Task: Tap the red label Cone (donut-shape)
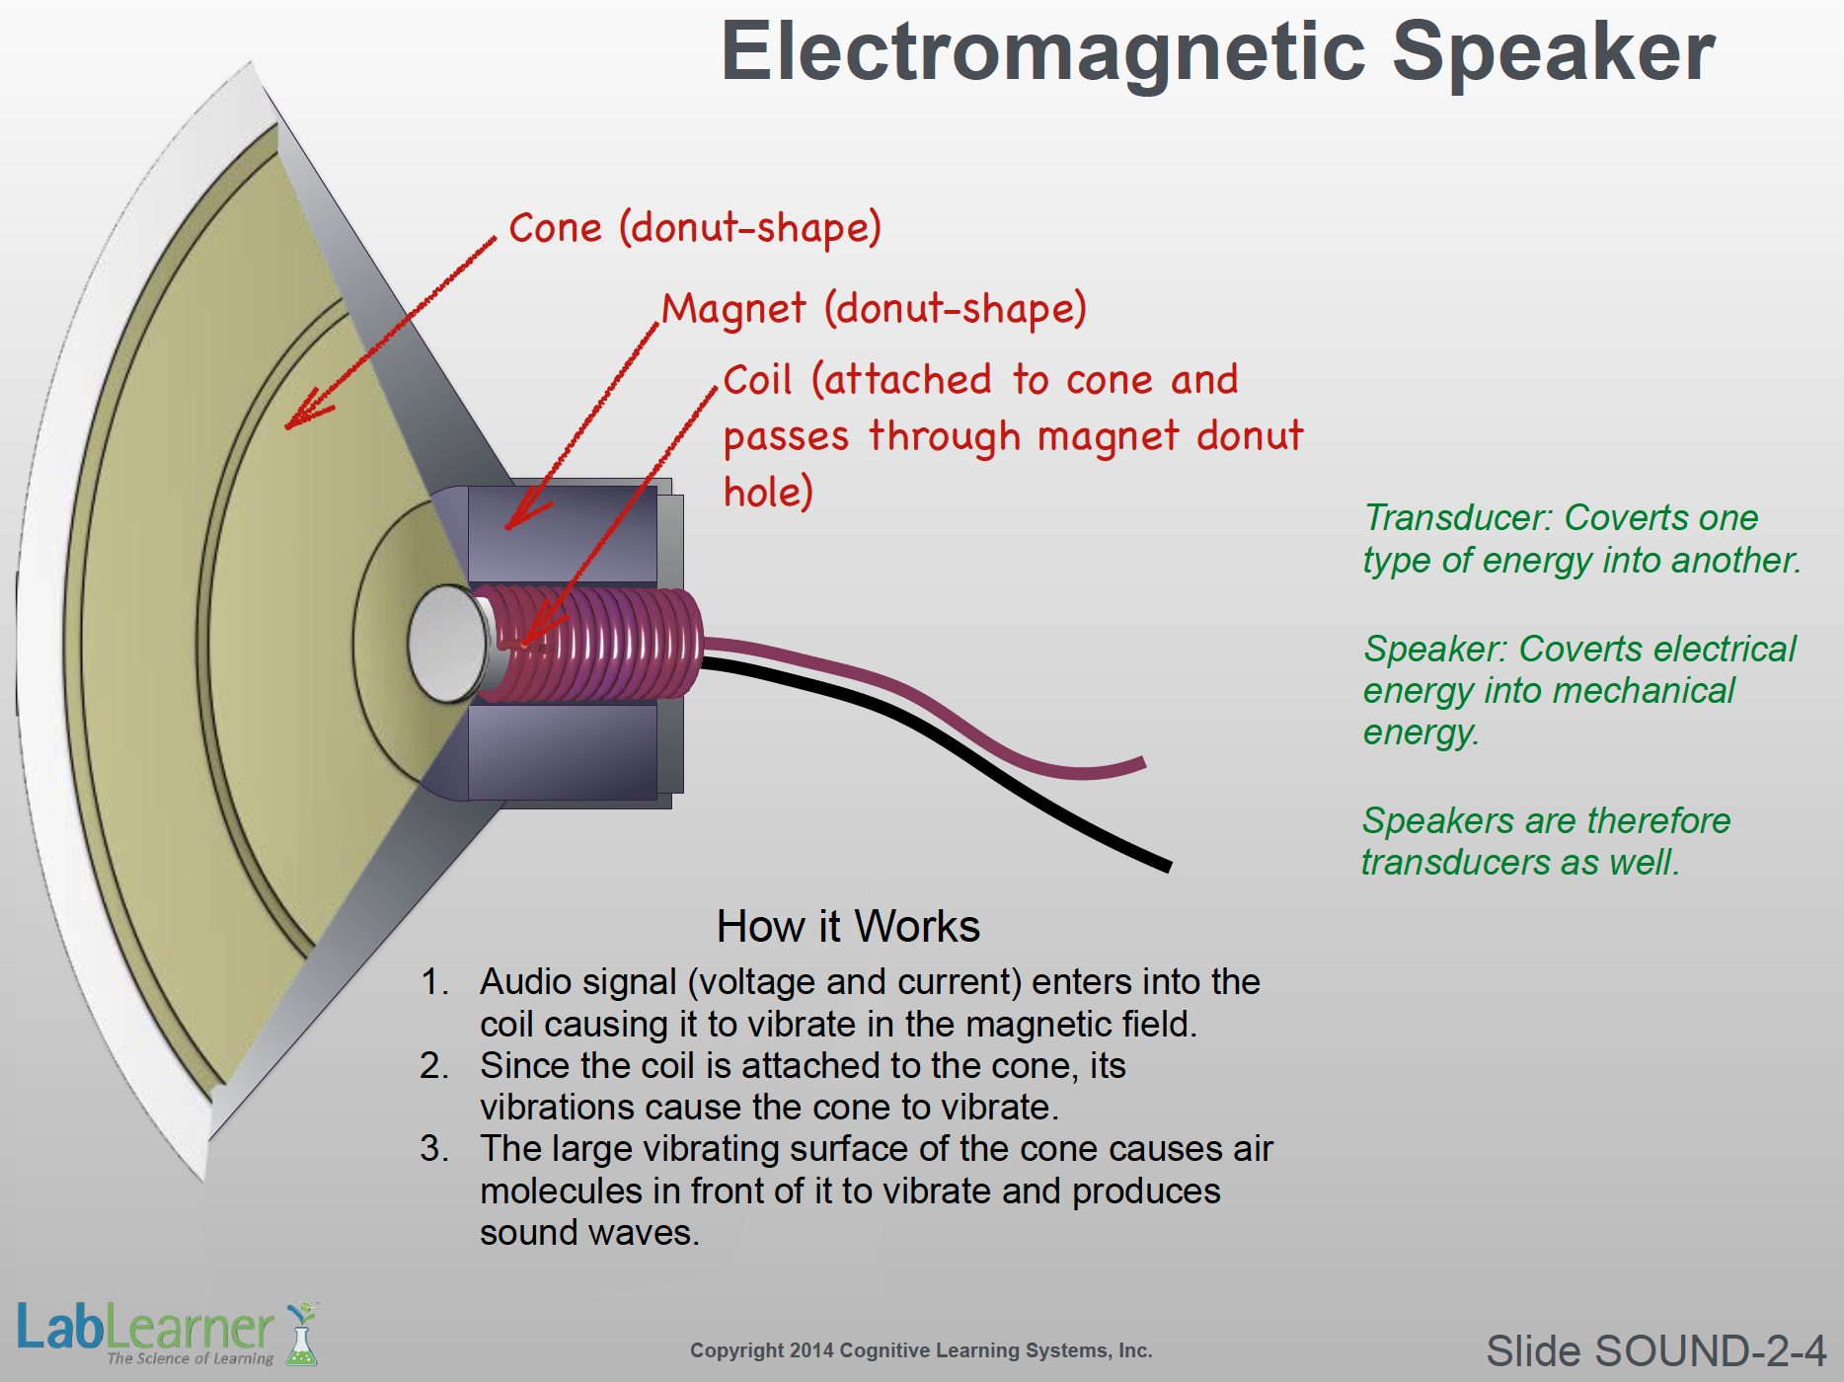(x=694, y=228)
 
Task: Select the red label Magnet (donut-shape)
(x=874, y=309)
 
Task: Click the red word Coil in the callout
(x=757, y=380)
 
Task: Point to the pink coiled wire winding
(x=602, y=644)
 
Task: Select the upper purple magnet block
(x=563, y=533)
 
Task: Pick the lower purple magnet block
(x=563, y=752)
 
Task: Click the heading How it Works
(x=848, y=927)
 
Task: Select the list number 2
(x=433, y=1066)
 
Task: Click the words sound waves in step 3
(x=589, y=1233)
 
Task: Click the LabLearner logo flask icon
(x=302, y=1335)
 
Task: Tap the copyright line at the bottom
(x=921, y=1350)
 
